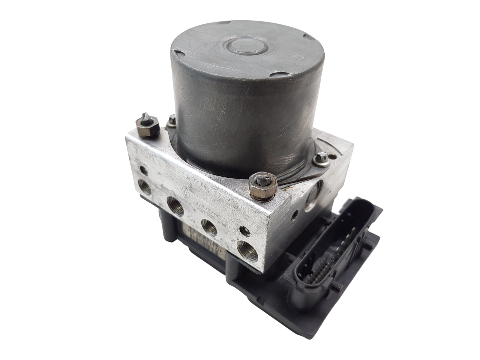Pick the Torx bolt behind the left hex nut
coord(172,120)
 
